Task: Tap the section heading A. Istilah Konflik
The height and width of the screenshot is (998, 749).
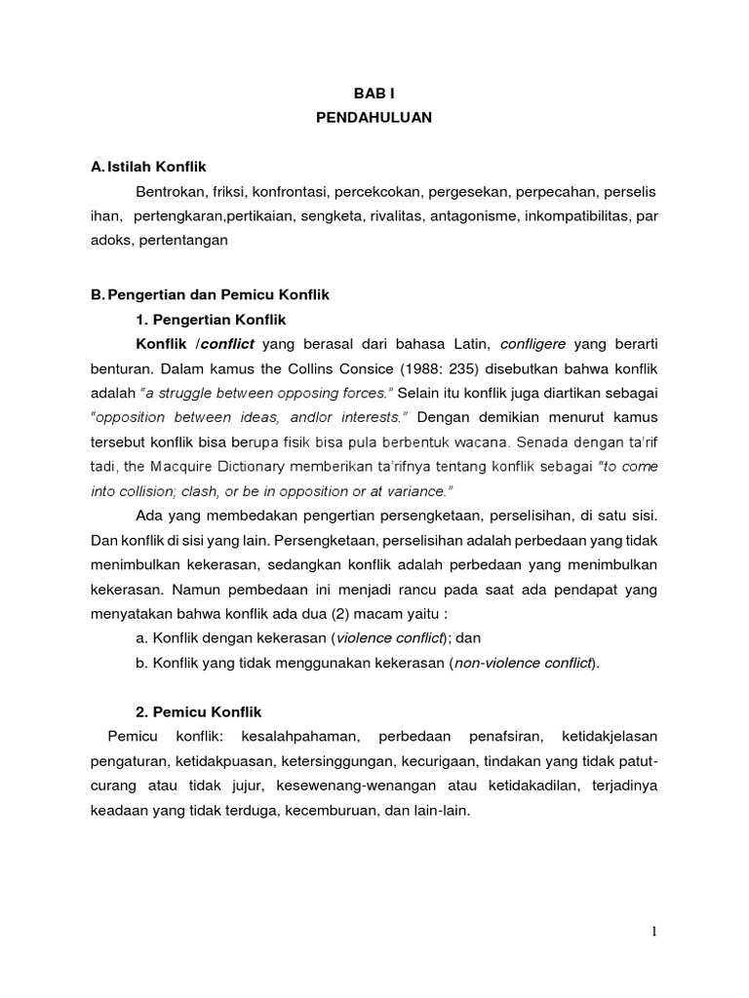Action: point(156,169)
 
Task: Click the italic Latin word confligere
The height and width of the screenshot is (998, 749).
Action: point(534,344)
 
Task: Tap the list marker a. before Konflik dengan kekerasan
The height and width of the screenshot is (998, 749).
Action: point(142,637)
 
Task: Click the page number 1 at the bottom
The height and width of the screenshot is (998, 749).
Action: point(655,932)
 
